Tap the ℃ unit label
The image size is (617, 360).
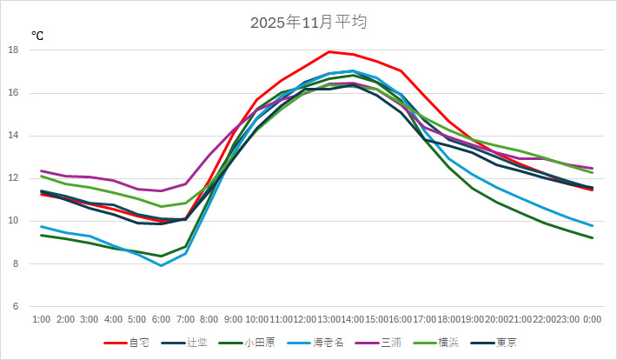pos(37,36)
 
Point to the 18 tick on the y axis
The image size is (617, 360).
pos(13,50)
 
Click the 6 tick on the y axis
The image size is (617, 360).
pos(16,307)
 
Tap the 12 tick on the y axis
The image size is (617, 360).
pos(13,178)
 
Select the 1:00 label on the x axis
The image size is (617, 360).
pos(41,320)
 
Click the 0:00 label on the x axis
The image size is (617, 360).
pos(593,320)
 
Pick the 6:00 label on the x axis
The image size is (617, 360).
pos(161,320)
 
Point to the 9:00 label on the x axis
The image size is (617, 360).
pos(233,320)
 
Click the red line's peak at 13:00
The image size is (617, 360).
pos(328,51)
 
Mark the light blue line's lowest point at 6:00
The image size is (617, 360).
pos(161,265)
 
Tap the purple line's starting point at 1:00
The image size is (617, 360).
pos(41,171)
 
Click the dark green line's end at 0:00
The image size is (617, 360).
pos(593,238)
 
